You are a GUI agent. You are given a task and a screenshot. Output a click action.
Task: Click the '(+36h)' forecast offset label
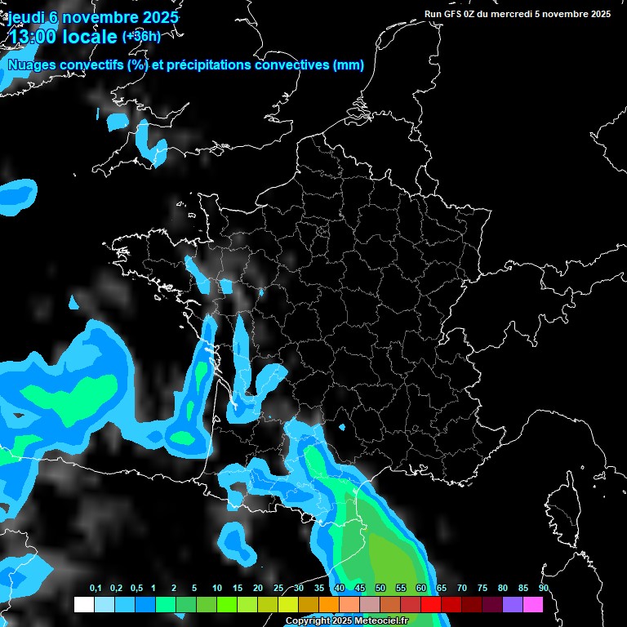click(141, 36)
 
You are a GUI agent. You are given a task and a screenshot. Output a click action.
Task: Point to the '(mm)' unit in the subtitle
click(349, 65)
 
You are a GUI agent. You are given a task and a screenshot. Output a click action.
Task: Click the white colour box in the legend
click(83, 604)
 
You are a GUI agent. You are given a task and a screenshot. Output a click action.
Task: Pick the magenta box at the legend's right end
click(532, 604)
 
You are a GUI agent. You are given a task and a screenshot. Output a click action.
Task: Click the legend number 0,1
click(96, 589)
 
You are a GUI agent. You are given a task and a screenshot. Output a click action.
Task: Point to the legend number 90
click(543, 589)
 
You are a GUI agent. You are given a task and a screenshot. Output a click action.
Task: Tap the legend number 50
click(380, 589)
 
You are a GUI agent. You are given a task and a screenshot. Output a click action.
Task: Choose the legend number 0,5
click(136, 589)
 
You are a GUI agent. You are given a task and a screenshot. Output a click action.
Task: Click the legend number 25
click(278, 589)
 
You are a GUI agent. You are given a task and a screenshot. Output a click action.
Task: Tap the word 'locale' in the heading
click(90, 37)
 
